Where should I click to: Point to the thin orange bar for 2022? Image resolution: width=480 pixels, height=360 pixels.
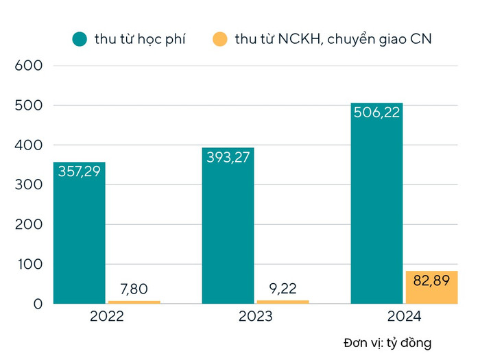pos(134,302)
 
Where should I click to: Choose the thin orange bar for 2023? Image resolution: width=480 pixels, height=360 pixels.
pos(283,301)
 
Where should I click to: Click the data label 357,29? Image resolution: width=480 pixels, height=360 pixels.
pos(79,171)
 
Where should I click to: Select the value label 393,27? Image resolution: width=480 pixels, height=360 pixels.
pos(228,157)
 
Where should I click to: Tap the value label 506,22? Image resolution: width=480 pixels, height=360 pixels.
pos(376,112)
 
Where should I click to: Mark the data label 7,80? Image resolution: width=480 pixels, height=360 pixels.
pos(134,289)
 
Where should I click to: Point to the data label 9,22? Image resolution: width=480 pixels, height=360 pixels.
pos(283,289)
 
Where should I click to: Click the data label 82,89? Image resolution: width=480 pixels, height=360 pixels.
pos(431,279)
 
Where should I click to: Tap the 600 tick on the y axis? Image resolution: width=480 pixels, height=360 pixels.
pos(29,66)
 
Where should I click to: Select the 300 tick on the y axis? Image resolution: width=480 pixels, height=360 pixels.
pos(29,185)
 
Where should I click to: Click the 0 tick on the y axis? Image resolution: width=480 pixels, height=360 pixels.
pos(38,304)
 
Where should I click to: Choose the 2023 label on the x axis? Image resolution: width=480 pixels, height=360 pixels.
pos(255,317)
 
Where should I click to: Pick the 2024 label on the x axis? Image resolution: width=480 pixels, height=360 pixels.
pos(404,317)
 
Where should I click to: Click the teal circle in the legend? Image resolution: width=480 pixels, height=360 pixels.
pos(80,39)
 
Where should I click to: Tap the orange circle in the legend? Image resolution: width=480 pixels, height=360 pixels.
pos(219,39)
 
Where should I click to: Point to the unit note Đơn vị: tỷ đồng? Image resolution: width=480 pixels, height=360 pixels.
pos(387,342)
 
